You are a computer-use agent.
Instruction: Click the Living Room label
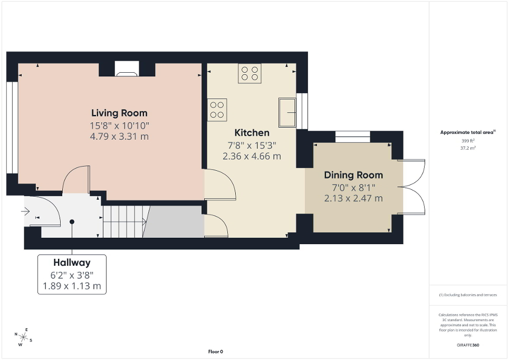(119, 113)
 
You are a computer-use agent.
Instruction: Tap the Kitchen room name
(252, 133)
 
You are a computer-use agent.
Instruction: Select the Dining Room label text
(353, 175)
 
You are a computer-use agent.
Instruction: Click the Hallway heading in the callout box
(72, 262)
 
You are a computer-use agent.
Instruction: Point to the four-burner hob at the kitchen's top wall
(249, 73)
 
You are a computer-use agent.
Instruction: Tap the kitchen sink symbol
(287, 112)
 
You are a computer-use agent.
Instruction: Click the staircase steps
(124, 221)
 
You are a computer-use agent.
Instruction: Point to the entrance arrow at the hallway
(25, 212)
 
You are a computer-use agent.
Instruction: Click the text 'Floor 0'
(216, 352)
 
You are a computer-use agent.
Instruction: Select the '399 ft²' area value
(468, 141)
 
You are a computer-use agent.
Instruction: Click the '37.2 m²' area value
(468, 149)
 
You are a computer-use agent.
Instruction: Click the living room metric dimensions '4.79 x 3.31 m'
(119, 137)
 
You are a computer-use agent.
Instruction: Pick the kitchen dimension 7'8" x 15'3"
(252, 145)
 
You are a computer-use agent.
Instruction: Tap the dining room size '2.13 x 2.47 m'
(353, 198)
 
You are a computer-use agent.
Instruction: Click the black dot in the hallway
(72, 222)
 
